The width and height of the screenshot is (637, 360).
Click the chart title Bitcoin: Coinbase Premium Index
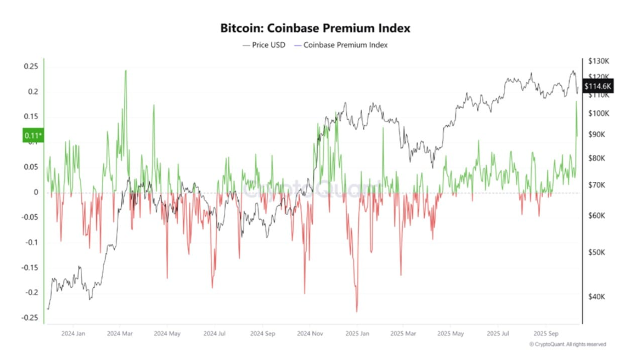pyautogui.click(x=316, y=28)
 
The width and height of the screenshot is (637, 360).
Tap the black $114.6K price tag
pyautogui.click(x=597, y=86)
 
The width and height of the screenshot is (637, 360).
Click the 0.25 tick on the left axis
pyautogui.click(x=31, y=67)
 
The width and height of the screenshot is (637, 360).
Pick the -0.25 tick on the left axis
pyautogui.click(x=30, y=318)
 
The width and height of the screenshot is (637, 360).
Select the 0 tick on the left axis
pyautogui.click(x=35, y=192)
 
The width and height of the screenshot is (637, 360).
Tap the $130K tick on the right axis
pyautogui.click(x=599, y=61)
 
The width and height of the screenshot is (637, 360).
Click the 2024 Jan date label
pyautogui.click(x=73, y=333)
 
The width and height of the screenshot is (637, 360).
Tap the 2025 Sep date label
pyautogui.click(x=546, y=333)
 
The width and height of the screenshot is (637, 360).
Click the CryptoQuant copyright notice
pyautogui.click(x=567, y=344)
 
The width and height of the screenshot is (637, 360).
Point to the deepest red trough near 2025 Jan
pyautogui.click(x=356, y=311)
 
